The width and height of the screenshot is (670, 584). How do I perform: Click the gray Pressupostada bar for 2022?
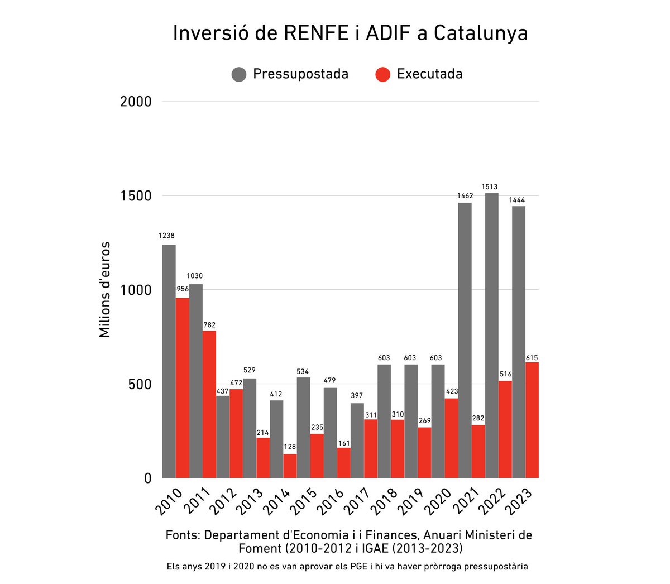coord(491,335)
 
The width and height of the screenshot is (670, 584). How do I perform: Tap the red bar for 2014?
coord(290,466)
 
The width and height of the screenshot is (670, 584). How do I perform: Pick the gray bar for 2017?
coord(357,441)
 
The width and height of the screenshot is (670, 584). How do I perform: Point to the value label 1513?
coord(491,187)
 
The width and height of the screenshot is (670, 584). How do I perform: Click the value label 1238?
coord(166,236)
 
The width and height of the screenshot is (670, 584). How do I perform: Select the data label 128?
coord(290,447)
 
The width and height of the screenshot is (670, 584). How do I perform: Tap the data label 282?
coord(478,418)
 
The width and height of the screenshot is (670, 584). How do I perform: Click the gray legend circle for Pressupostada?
coord(239,74)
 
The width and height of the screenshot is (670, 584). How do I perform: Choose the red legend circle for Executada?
coord(382,74)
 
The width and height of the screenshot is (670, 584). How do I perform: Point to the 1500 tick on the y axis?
coord(136,196)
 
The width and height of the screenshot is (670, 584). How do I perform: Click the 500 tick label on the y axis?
coord(140,384)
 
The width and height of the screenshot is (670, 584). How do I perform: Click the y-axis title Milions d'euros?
coord(105,290)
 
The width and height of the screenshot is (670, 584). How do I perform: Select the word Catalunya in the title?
coord(480,33)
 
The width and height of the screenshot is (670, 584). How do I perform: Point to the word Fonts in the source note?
coord(183,535)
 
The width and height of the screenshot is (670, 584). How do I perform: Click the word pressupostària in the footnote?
coord(491,566)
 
